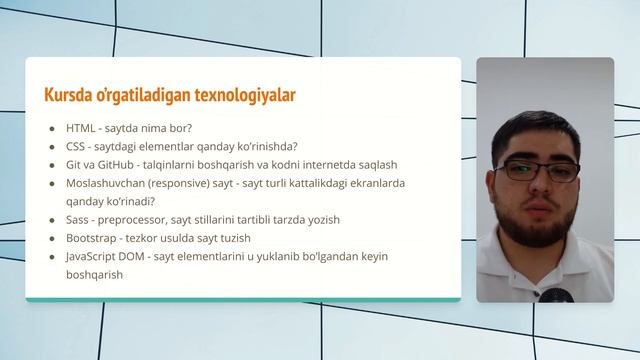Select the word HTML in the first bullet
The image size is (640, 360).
click(81, 128)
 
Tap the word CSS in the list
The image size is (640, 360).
click(76, 146)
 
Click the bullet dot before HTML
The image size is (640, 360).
click(52, 129)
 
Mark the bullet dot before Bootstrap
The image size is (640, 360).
click(52, 238)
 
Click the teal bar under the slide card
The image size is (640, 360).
click(243, 299)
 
